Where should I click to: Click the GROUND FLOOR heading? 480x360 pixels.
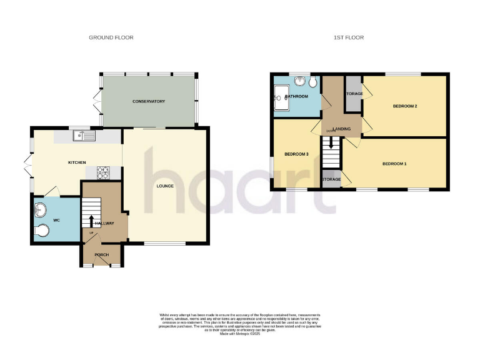coord(111,37)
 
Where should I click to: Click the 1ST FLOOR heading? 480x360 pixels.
coord(348,37)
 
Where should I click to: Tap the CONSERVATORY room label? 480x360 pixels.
coord(148,101)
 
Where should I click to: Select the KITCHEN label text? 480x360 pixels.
coord(77,162)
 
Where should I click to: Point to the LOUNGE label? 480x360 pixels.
coord(165,186)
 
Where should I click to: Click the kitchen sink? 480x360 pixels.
coord(82,135)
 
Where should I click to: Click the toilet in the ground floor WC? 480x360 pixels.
coord(42,231)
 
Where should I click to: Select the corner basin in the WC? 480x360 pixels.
coord(41,209)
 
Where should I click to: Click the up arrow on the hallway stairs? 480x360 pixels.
coord(91,221)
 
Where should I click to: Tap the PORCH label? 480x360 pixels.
coord(101,255)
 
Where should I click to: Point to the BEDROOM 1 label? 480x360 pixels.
coord(394,164)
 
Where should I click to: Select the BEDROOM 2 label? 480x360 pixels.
coord(404,106)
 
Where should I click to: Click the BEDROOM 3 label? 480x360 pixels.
coord(296,154)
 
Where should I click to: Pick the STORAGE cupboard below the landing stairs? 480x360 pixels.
coord(331,179)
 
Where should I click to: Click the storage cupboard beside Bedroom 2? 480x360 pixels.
coord(354,94)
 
